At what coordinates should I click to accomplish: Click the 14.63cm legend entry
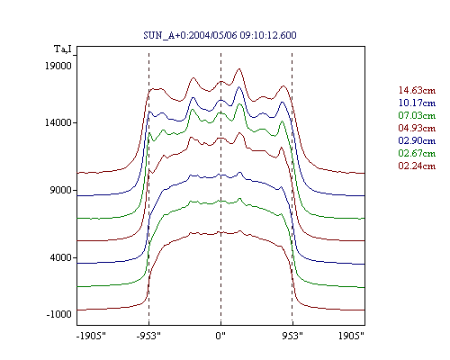pos(417,90)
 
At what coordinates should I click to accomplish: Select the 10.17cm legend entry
pos(417,103)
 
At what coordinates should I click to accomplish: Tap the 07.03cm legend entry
pos(417,115)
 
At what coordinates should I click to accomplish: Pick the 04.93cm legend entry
pos(417,128)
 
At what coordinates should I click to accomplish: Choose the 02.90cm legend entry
pos(417,140)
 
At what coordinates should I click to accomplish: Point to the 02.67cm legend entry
pos(417,153)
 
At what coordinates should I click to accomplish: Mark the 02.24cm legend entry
pos(417,166)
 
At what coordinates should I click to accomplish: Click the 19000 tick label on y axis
pos(58,66)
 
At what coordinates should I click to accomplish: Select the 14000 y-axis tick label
pos(58,122)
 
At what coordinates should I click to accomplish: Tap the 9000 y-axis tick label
pos(61,190)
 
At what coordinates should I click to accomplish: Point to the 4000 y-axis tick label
pos(61,257)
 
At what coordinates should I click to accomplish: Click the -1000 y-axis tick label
pos(59,314)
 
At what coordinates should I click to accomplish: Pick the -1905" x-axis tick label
pos(91,336)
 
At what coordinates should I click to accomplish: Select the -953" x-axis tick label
pos(148,336)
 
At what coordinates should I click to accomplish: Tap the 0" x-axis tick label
pos(220,336)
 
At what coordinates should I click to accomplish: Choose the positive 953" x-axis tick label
pos(292,336)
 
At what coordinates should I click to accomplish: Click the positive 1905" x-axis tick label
pos(351,336)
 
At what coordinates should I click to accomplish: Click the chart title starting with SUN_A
pos(220,35)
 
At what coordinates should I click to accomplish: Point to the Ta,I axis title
pos(63,49)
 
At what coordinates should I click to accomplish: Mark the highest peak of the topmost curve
pos(239,69)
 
